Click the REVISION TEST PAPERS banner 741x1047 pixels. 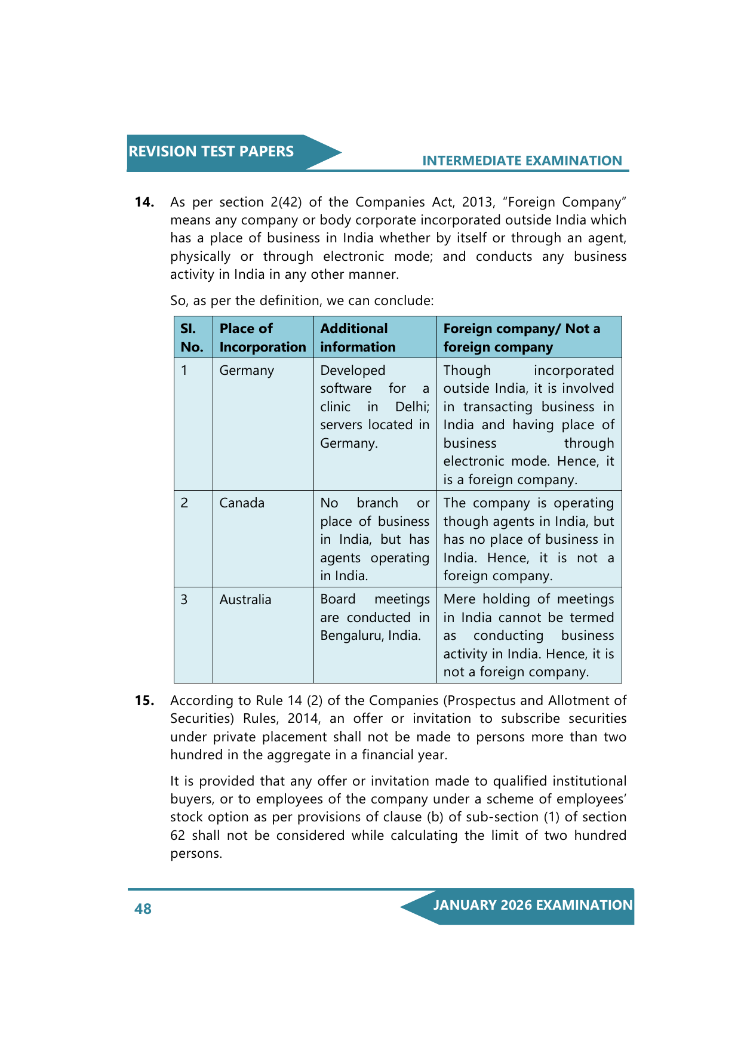coord(211,152)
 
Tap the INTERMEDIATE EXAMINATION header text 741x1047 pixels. coord(522,161)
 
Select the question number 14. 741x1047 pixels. coord(144,202)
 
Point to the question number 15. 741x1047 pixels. coord(144,701)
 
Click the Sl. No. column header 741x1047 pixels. coord(192,338)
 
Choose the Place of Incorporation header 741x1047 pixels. coord(262,338)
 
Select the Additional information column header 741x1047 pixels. coord(358,338)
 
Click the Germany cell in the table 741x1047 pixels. coord(247,371)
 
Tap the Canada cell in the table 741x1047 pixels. coord(242,503)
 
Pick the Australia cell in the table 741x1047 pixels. coord(245,600)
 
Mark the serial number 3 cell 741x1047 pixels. coord(185,600)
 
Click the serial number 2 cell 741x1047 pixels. coord(185,503)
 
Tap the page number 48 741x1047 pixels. coord(143,909)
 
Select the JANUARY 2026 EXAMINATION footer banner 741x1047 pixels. coord(532,906)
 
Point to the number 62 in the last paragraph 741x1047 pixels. coord(177,836)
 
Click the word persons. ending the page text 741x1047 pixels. coord(196,854)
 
